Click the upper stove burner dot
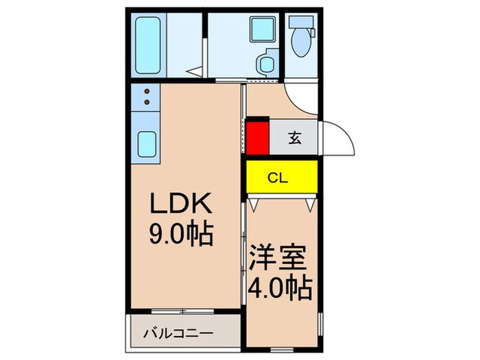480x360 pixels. [146, 91]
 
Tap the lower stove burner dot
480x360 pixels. [146, 103]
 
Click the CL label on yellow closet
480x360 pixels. [277, 178]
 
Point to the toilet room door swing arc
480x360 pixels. [302, 101]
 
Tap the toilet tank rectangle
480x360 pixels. [302, 21]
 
